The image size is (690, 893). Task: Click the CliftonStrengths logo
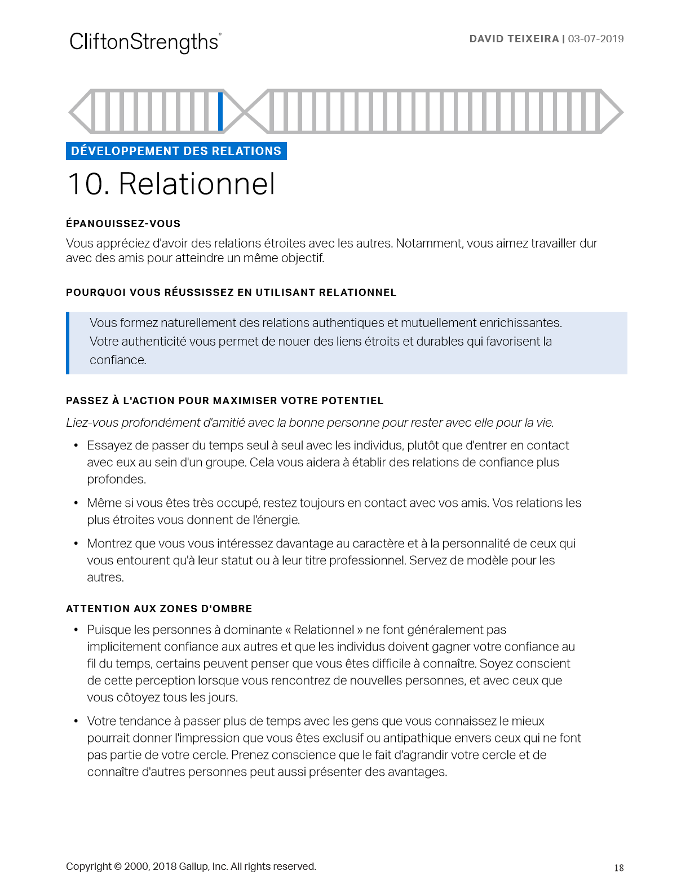tap(145, 42)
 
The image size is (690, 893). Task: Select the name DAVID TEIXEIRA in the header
tap(514, 39)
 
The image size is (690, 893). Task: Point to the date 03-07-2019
tap(596, 39)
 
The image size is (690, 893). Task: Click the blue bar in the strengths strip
tap(220, 111)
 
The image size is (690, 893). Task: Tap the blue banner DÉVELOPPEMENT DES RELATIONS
tap(176, 151)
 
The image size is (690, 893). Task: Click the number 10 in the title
tap(87, 184)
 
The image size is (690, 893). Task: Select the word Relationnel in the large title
tap(197, 184)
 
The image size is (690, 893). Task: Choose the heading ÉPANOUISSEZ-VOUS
tap(123, 224)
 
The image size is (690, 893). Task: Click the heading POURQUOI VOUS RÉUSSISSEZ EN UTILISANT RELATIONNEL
tap(231, 293)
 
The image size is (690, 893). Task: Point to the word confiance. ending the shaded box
tap(118, 360)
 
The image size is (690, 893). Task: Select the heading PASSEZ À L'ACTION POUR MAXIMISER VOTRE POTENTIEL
tap(224, 401)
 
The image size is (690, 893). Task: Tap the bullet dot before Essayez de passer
tap(76, 446)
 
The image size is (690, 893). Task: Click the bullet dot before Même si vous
tap(76, 503)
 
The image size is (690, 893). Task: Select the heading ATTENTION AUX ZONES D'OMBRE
tap(159, 609)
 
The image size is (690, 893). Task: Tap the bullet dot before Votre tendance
tap(76, 722)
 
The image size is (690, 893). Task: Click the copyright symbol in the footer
tap(118, 867)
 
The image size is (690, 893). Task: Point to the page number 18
tap(618, 868)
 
